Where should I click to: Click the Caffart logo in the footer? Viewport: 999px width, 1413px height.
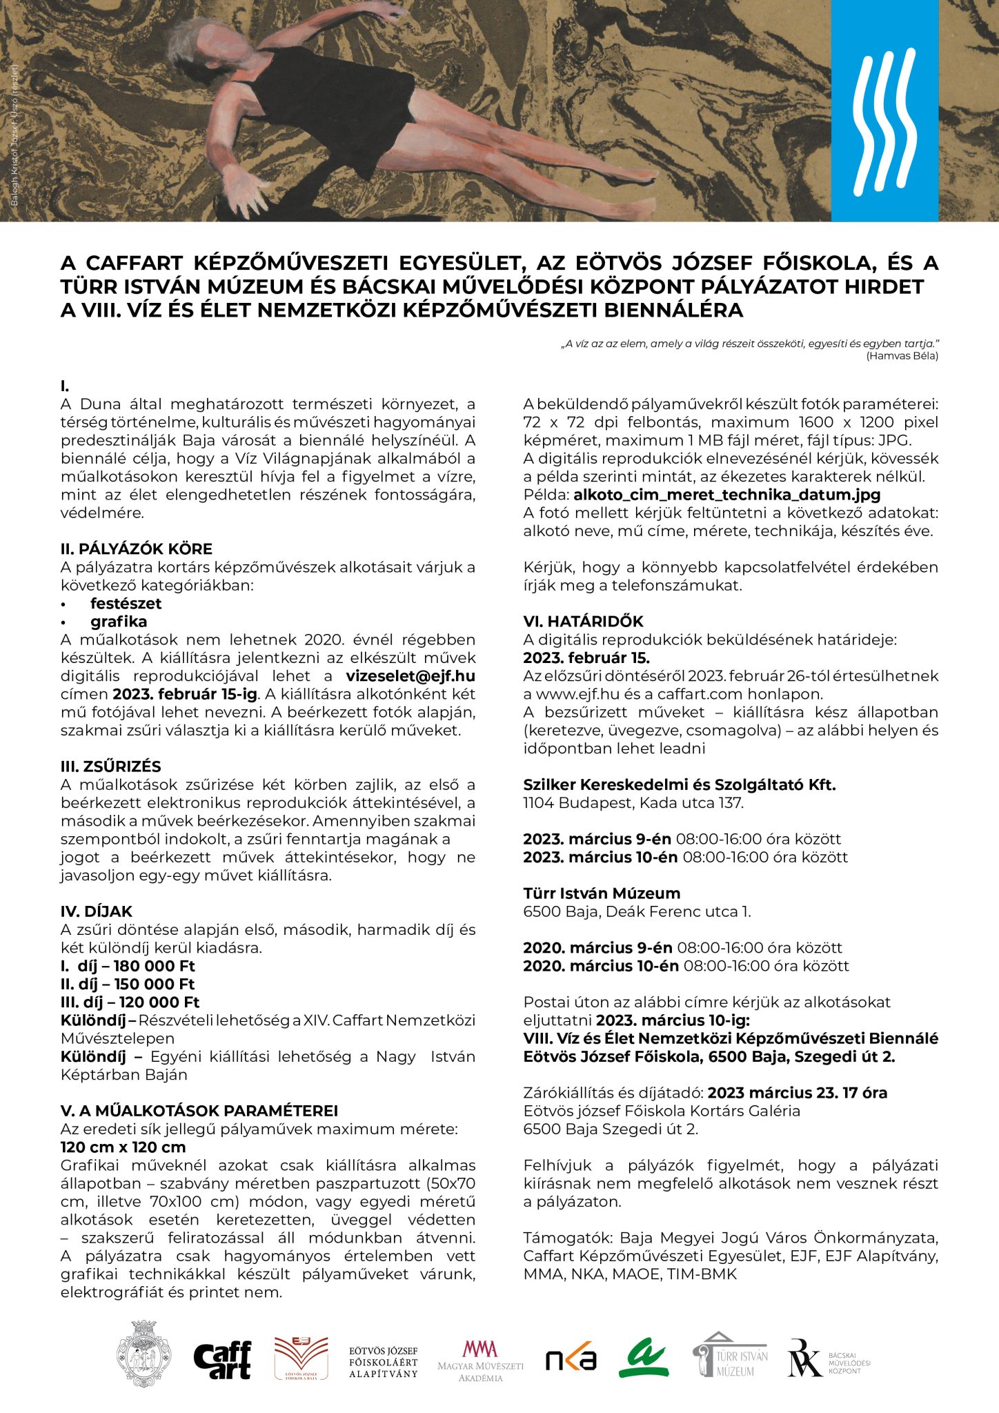click(222, 1360)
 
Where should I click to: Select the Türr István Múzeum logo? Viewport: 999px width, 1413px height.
click(730, 1356)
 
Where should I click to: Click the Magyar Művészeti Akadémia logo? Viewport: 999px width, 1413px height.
click(480, 1361)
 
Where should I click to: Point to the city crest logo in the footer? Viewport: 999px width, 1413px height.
click(144, 1354)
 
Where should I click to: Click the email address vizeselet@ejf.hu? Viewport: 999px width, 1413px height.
click(411, 676)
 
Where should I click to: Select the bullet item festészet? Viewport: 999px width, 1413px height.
click(126, 604)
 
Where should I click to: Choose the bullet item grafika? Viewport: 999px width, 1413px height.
click(119, 622)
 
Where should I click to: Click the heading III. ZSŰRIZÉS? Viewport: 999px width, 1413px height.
click(110, 767)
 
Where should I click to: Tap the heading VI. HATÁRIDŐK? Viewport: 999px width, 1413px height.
click(583, 622)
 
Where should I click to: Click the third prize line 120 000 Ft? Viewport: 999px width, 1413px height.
click(130, 1002)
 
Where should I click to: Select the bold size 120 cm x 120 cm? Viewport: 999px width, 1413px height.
click(123, 1147)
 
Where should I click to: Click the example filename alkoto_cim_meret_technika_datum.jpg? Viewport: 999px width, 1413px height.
click(726, 495)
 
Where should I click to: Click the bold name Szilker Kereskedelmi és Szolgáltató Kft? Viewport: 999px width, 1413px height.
click(680, 785)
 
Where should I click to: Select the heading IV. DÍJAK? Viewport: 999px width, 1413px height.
click(96, 911)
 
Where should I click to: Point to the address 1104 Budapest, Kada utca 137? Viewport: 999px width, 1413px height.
click(633, 803)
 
